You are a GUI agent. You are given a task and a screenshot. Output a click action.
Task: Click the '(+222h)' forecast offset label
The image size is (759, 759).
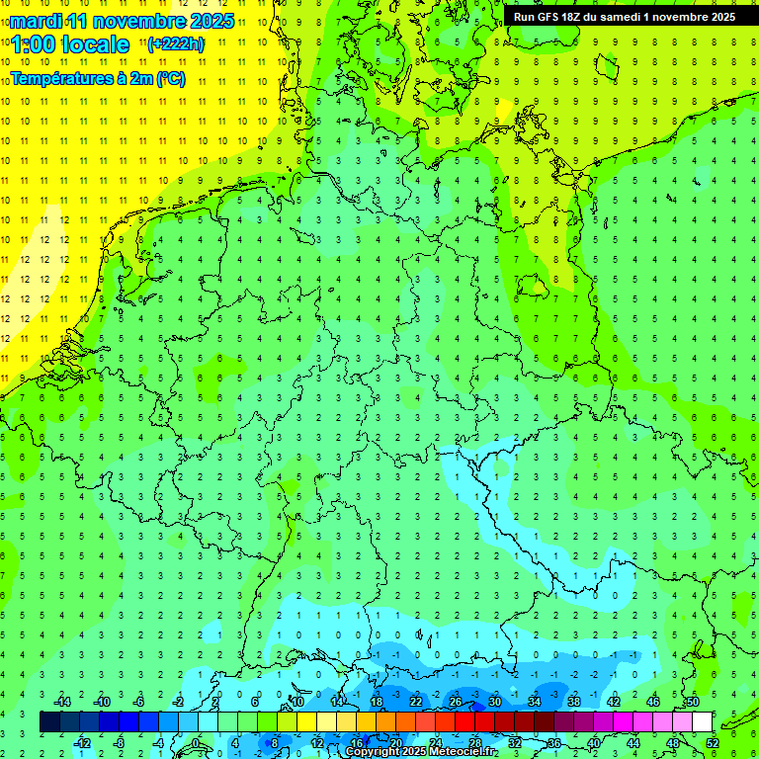(x=176, y=44)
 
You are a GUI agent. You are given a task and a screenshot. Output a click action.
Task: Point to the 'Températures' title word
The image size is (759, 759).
(x=59, y=79)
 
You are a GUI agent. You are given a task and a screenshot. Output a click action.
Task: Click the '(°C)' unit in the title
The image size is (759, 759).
(x=170, y=79)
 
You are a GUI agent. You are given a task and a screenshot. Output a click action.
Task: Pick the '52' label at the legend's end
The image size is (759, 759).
(x=713, y=742)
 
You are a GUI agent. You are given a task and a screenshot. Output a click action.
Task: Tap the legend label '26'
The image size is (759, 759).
(x=456, y=702)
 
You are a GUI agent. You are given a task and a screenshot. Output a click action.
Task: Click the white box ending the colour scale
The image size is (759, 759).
(x=703, y=722)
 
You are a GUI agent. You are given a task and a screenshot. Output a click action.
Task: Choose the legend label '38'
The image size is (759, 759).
(x=574, y=702)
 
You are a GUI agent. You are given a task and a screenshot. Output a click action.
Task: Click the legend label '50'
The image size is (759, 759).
(x=693, y=702)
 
